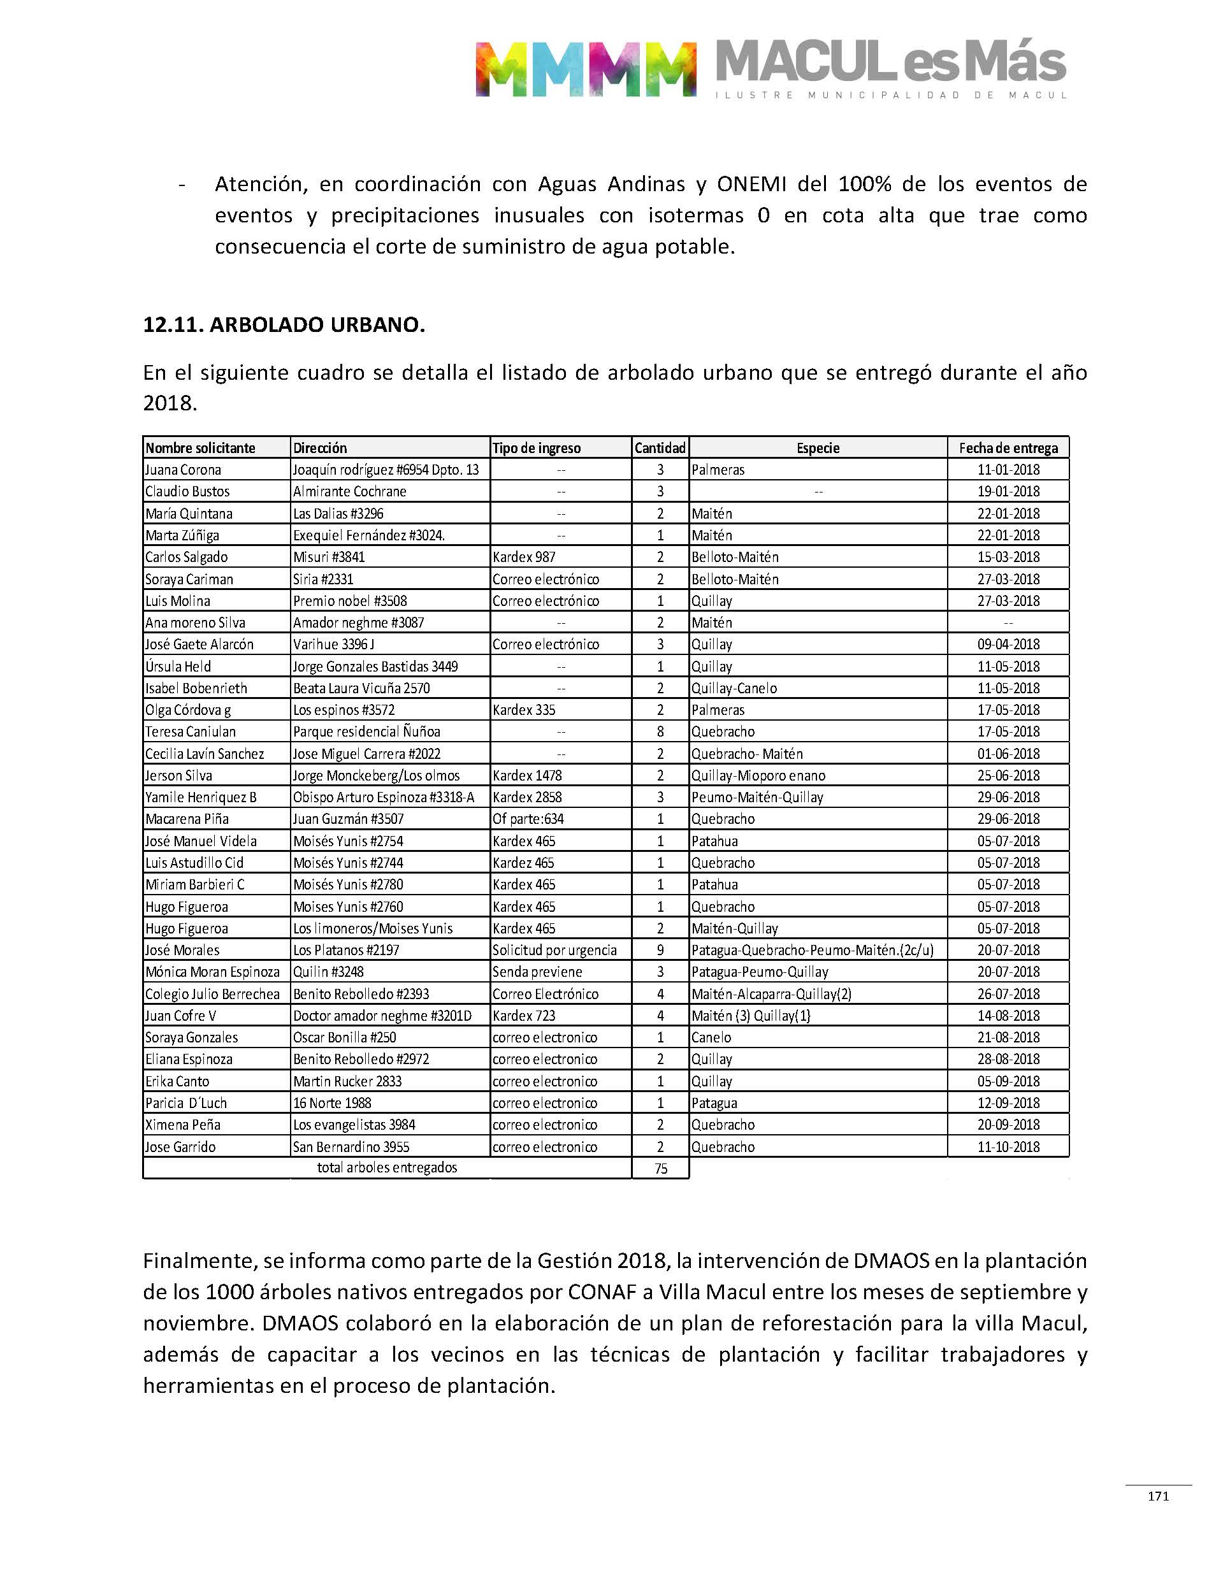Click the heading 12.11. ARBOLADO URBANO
(284, 325)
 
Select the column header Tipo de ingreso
(537, 448)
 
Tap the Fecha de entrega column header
(1008, 448)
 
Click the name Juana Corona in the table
(183, 470)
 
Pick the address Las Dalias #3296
(338, 514)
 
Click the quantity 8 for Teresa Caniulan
(660, 731)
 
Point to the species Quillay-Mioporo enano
(758, 775)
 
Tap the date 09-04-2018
(1008, 644)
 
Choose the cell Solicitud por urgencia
(554, 949)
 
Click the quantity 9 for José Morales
(660, 949)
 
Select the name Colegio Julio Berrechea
(212, 993)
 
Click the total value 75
(660, 1169)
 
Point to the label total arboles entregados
(387, 1167)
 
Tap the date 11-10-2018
(1008, 1147)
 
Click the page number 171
(1158, 1496)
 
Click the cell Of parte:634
(528, 819)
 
